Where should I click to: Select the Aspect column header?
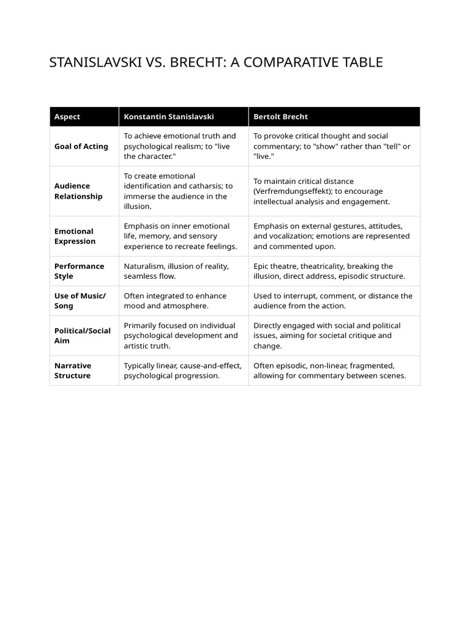[67, 117]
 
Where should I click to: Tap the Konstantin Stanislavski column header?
[169, 117]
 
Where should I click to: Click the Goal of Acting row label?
[81, 146]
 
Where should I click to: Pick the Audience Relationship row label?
[78, 191]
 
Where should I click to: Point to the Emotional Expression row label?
[75, 236]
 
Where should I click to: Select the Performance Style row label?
[79, 271]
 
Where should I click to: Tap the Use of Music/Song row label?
[80, 301]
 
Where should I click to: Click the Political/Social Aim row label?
[83, 336]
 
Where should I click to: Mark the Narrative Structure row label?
[73, 370]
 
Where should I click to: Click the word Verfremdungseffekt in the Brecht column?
[293, 191]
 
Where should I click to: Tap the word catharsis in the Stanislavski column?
[202, 186]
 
